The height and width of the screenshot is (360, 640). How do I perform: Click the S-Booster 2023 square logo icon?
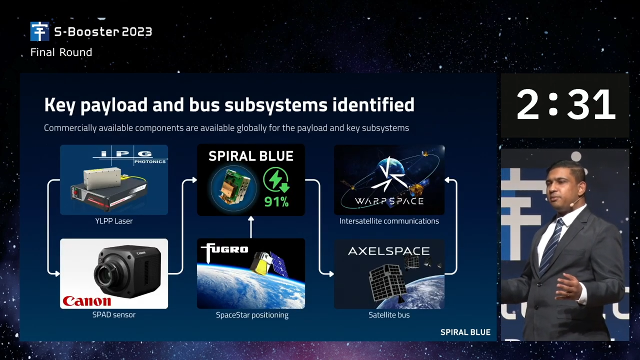pyautogui.click(x=39, y=31)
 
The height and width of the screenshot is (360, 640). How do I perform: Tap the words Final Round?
pyautogui.click(x=61, y=52)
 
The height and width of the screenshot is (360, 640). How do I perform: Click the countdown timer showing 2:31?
pyautogui.click(x=565, y=104)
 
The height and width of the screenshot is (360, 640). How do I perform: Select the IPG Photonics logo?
pyautogui.click(x=130, y=157)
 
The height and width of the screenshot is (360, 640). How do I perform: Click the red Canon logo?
pyautogui.click(x=87, y=301)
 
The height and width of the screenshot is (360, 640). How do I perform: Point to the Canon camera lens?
pyautogui.click(x=105, y=273)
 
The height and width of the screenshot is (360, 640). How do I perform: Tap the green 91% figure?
pyautogui.click(x=276, y=201)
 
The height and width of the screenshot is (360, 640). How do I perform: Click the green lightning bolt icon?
pyautogui.click(x=275, y=179)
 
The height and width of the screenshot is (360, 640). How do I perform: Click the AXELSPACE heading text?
pyautogui.click(x=389, y=251)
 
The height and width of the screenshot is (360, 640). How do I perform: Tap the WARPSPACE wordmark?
pyautogui.click(x=389, y=201)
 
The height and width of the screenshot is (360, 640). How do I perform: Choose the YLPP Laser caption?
pyautogui.click(x=113, y=221)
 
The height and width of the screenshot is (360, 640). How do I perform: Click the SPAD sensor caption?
pyautogui.click(x=113, y=315)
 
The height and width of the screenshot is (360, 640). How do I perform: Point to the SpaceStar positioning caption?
pyautogui.click(x=252, y=315)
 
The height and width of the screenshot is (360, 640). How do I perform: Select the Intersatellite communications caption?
pyautogui.click(x=389, y=221)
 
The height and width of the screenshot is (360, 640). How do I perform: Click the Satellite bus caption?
pyautogui.click(x=389, y=315)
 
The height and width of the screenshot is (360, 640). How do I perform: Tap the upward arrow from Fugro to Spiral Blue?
pyautogui.click(x=251, y=227)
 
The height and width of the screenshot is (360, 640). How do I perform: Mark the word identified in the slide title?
pyautogui.click(x=373, y=104)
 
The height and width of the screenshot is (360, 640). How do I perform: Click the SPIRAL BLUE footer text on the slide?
pyautogui.click(x=465, y=332)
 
